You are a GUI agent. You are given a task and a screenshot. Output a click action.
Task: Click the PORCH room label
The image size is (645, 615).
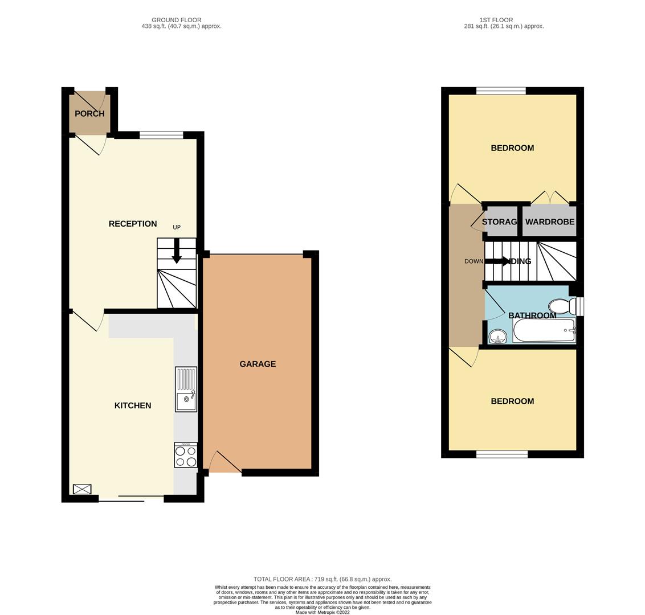click(x=89, y=113)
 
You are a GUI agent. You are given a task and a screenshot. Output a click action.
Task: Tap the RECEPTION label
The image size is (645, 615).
click(x=133, y=224)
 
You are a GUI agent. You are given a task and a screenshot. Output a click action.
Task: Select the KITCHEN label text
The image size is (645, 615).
click(x=133, y=405)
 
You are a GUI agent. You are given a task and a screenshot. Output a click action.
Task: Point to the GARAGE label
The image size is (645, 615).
click(x=258, y=364)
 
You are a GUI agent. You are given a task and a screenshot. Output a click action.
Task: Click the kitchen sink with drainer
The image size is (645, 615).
click(x=186, y=389)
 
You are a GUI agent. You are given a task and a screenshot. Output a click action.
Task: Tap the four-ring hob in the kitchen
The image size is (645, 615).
click(x=186, y=455)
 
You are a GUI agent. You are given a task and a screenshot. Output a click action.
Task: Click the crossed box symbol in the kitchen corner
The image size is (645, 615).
click(x=82, y=489)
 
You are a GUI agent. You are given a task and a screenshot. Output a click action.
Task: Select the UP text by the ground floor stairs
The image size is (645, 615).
click(x=177, y=227)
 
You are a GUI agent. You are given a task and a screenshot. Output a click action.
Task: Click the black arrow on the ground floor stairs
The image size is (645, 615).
click(x=177, y=252)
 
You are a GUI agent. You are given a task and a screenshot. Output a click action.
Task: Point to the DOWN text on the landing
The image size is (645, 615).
click(x=473, y=261)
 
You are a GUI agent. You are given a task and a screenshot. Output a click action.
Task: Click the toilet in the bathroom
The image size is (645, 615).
click(x=560, y=307)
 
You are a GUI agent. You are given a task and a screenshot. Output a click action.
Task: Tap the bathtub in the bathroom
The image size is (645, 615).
click(x=544, y=331)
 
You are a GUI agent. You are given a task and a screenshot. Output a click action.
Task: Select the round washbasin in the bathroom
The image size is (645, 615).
click(x=498, y=337)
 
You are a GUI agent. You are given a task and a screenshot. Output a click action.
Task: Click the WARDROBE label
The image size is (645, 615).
click(x=550, y=222)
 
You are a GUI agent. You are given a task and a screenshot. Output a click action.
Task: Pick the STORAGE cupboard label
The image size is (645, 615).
click(x=500, y=222)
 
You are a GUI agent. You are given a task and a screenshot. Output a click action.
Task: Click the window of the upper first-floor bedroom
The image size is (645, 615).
click(x=501, y=91)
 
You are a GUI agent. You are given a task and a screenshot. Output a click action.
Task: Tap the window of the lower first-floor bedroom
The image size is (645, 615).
click(x=502, y=454)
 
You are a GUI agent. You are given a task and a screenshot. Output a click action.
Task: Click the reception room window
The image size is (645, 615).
click(x=161, y=135)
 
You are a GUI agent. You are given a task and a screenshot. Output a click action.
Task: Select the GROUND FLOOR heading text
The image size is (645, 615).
click(x=177, y=20)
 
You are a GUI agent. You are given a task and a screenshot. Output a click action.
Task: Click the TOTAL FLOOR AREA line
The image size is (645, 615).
click(x=323, y=579)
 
